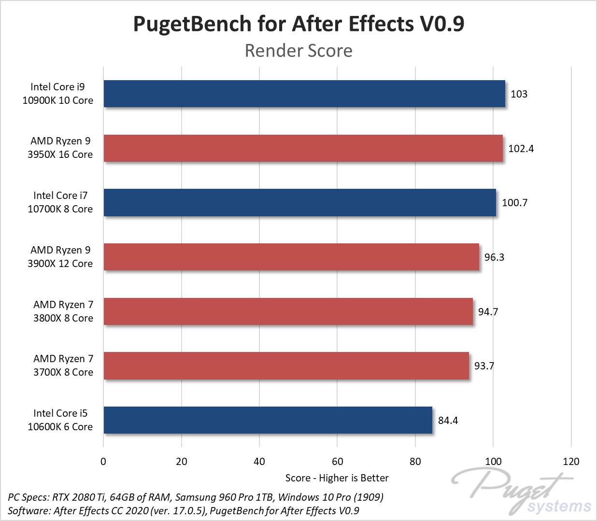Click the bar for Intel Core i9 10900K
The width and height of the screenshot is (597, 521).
tap(304, 94)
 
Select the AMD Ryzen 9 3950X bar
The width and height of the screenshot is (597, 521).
tap(303, 148)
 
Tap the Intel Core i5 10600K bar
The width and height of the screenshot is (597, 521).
tap(268, 420)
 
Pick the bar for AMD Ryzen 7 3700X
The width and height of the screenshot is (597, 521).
tap(286, 366)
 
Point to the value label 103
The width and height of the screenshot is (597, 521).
tap(519, 94)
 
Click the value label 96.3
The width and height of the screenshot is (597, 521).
tap(494, 257)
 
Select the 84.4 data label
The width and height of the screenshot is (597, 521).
tap(448, 421)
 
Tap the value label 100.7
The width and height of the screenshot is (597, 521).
tap(514, 203)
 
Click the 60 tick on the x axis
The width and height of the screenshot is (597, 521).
tap(337, 462)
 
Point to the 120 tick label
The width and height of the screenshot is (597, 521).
tap(571, 462)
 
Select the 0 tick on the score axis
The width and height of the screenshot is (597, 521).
tap(103, 462)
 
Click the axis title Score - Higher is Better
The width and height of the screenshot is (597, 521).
tap(337, 478)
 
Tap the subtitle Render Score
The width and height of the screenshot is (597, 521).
tap(298, 51)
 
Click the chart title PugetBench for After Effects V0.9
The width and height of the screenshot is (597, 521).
tap(298, 24)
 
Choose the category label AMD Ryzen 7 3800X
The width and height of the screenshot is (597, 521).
tap(63, 311)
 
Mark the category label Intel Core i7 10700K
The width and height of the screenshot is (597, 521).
tap(60, 202)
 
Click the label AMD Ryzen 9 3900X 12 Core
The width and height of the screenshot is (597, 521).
tap(60, 257)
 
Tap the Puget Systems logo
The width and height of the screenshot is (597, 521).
tap(522, 490)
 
